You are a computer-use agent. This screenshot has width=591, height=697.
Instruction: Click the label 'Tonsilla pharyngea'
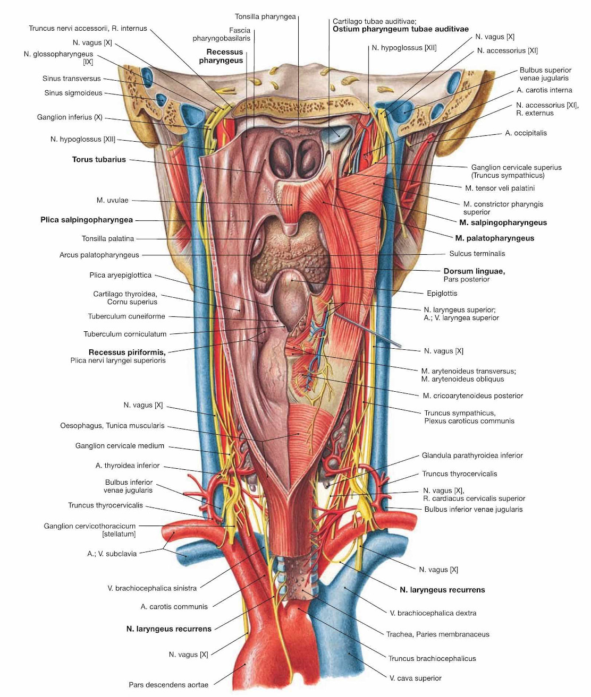(265, 16)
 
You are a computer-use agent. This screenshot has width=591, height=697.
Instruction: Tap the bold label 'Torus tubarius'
(99, 159)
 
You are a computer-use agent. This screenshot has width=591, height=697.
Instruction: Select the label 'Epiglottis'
(442, 293)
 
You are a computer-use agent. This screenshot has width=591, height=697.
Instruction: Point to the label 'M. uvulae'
(112, 200)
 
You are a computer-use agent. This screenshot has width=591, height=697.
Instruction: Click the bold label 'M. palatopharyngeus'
(494, 238)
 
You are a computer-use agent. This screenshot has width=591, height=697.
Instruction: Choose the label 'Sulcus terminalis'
(477, 254)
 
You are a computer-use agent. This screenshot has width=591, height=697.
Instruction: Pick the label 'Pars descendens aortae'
(168, 685)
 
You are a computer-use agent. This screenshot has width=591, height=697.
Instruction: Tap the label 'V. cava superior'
(415, 678)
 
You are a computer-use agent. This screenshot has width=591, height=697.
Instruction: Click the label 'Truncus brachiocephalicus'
(432, 658)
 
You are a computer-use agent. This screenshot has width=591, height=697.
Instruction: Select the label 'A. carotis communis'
(174, 607)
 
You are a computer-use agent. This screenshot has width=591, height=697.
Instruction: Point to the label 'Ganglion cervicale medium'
(120, 446)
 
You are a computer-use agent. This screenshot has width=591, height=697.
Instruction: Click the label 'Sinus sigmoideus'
(73, 93)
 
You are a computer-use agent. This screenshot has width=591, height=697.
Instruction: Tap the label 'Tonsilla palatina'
(108, 239)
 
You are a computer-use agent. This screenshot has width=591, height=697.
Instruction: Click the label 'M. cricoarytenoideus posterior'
(472, 395)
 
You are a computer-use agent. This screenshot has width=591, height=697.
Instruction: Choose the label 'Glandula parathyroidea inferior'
(472, 455)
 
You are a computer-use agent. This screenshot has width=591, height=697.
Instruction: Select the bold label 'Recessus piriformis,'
(127, 352)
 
